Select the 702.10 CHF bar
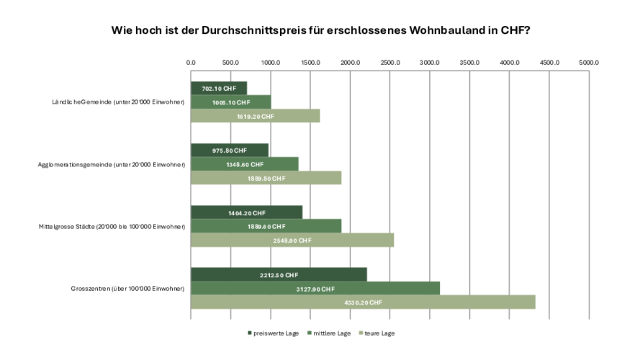(x=219, y=88)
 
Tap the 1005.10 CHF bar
(x=230, y=102)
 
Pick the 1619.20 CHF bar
(x=255, y=116)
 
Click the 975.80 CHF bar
(x=229, y=150)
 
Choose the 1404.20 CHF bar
(x=246, y=212)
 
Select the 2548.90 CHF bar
(x=292, y=240)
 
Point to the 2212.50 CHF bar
(x=279, y=274)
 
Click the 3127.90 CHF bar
(x=315, y=289)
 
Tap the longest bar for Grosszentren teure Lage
(x=363, y=302)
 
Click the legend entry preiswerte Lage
(x=274, y=333)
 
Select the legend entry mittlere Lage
(x=332, y=333)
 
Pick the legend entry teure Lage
(x=377, y=333)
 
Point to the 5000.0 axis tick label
(x=588, y=63)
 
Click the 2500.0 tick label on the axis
(x=389, y=63)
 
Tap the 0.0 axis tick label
(x=191, y=63)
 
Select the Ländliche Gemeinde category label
(x=113, y=102)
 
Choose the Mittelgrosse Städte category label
(x=112, y=227)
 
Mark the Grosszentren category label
(x=127, y=289)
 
